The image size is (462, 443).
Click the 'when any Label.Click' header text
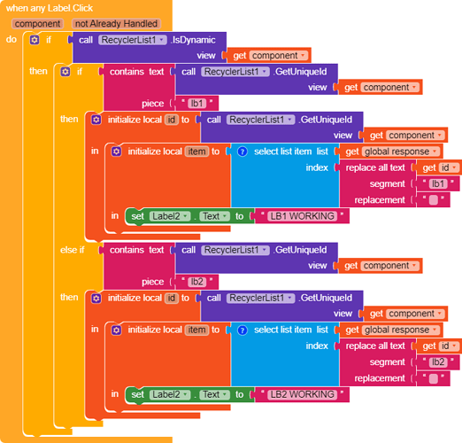click(50, 8)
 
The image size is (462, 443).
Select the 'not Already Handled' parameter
click(116, 24)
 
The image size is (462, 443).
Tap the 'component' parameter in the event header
click(37, 24)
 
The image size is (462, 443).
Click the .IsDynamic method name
click(193, 40)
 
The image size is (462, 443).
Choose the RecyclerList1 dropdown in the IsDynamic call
click(133, 40)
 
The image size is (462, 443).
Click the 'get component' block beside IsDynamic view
click(269, 55)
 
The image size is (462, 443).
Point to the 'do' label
click(12, 39)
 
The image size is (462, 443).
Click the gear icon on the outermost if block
click(35, 40)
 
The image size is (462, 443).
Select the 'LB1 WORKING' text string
click(302, 216)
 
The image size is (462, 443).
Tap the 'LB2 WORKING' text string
click(302, 394)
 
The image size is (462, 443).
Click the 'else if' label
click(73, 250)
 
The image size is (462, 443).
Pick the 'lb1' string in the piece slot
click(196, 104)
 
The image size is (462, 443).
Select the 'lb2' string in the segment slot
click(438, 361)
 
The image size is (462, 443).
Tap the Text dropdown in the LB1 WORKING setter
click(215, 216)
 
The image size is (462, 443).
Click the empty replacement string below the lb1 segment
click(433, 200)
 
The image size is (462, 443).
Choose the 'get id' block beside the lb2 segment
click(439, 346)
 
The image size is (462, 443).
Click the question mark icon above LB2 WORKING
click(243, 330)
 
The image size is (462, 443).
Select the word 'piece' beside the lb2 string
click(152, 282)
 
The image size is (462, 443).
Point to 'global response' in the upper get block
click(397, 152)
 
